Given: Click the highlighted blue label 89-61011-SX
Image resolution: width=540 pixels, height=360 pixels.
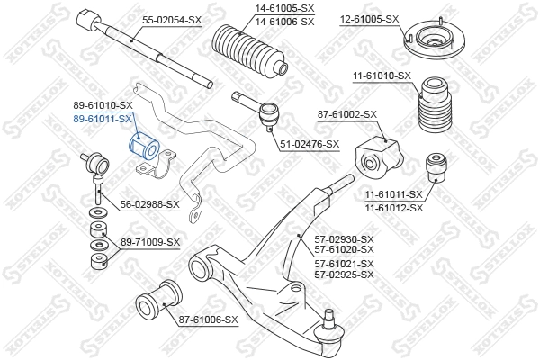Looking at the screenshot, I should coord(103,118).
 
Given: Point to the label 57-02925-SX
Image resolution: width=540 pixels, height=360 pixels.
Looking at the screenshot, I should coord(344,274).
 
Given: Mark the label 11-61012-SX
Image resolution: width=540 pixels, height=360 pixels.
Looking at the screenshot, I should coord(393,206).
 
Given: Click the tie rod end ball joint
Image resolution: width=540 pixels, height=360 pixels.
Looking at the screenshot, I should coord(268,113).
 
